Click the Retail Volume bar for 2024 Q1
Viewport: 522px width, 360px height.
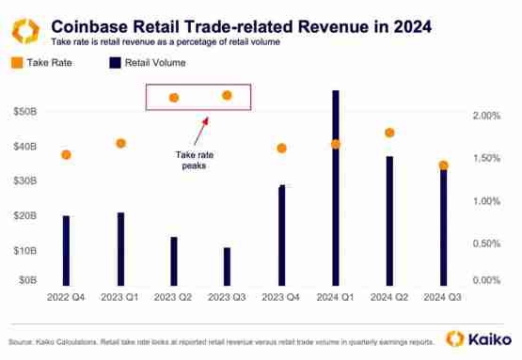[336, 188]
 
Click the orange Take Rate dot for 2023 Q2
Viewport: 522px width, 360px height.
[174, 98]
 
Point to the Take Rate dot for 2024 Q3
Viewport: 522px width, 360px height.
[444, 166]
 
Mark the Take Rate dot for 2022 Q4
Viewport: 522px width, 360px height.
[66, 154]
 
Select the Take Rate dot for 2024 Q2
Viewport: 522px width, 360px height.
[389, 133]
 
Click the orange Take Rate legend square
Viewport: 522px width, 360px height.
[18, 64]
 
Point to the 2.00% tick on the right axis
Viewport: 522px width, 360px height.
[488, 116]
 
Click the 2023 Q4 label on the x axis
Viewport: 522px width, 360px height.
[281, 296]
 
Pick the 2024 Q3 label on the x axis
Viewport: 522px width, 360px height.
[444, 296]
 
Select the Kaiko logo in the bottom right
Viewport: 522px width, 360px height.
[478, 338]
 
